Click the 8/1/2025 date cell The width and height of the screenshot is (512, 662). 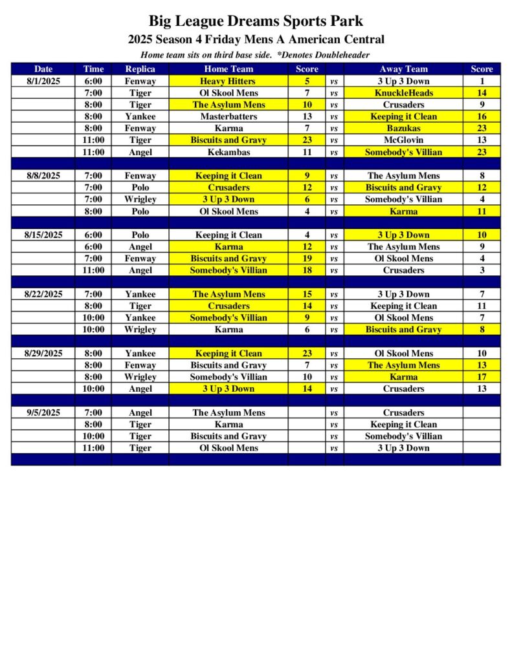pyautogui.click(x=43, y=81)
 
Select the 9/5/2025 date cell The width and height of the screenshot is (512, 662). pyautogui.click(x=43, y=412)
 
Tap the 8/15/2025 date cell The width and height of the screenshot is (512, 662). pyautogui.click(x=43, y=235)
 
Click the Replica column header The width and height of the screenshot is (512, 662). pyautogui.click(x=140, y=69)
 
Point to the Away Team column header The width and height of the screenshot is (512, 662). pyautogui.click(x=403, y=69)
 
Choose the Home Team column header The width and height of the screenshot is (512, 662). pyautogui.click(x=228, y=69)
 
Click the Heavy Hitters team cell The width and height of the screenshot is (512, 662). pyautogui.click(x=228, y=81)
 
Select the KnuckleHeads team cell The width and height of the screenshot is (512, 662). pyautogui.click(x=403, y=93)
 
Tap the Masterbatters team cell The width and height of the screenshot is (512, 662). pyautogui.click(x=228, y=116)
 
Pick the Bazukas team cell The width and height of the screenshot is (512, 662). pyautogui.click(x=403, y=128)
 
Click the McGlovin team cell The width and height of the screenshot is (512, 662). pyautogui.click(x=403, y=140)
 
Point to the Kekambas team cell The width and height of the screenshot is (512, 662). pyautogui.click(x=228, y=152)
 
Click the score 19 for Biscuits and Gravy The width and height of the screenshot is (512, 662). pyautogui.click(x=307, y=259)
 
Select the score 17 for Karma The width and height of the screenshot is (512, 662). pyautogui.click(x=482, y=377)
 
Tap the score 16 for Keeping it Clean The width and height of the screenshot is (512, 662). pyautogui.click(x=482, y=116)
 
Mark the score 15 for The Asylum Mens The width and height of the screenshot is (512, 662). pyautogui.click(x=307, y=294)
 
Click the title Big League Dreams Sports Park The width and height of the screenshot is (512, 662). pyautogui.click(x=256, y=21)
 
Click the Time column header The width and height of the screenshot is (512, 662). pyautogui.click(x=93, y=69)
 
